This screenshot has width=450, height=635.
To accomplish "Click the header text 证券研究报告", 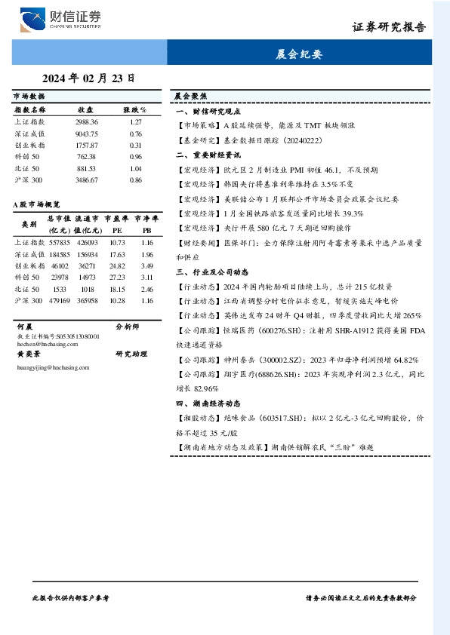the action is pos(389,27).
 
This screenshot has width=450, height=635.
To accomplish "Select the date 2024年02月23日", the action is pos(89,78).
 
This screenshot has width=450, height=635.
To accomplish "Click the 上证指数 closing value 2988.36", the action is pos(87,121).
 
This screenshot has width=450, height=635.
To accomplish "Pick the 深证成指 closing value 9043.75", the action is pos(87,133).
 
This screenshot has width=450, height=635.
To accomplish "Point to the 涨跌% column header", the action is pos(135,109).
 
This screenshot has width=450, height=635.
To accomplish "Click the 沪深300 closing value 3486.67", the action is pos(87,180).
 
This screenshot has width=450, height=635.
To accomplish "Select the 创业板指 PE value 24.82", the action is pos(117,266).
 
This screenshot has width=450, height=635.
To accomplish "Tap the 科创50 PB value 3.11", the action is pos(147,278).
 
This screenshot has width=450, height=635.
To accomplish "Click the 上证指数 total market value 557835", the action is pos(59,243).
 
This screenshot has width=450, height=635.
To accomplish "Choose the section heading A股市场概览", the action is pos(36,204).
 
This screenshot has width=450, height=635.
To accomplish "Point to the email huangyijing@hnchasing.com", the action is pos(53,367).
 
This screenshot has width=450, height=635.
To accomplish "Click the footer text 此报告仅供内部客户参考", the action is pos(71,597).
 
